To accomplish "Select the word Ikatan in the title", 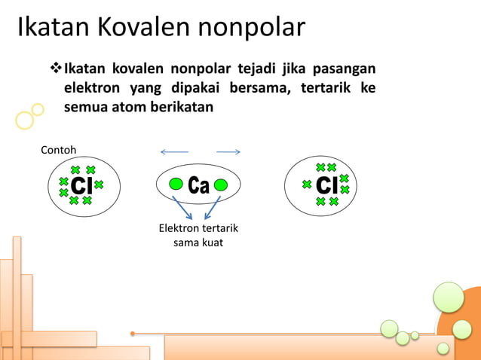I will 51,28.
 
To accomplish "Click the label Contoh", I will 58,150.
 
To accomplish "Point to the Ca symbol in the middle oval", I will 198,185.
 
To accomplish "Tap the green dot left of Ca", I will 176,184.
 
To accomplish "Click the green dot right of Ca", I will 221,184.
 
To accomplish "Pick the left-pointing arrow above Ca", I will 174,152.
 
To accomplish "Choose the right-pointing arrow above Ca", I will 228,152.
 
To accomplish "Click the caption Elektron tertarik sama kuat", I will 198,236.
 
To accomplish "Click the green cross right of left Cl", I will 99,185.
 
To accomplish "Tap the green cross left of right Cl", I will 306,185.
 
